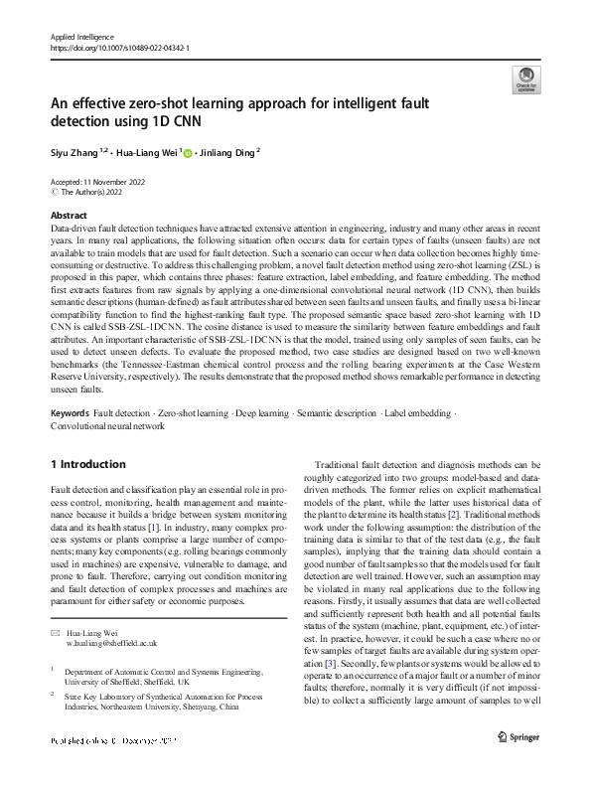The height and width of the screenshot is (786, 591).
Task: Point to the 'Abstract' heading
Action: point(69,215)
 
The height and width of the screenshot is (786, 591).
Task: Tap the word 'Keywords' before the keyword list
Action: point(71,412)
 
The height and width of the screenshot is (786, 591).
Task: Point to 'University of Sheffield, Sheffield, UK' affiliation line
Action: point(135,655)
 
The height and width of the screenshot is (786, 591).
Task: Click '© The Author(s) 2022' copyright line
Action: point(92,192)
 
